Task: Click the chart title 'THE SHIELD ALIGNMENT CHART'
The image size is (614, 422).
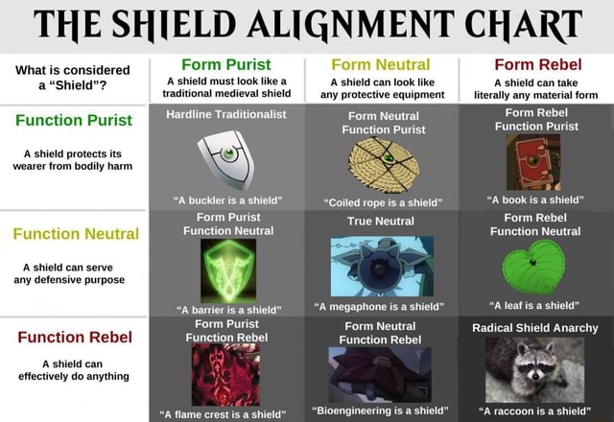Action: (307, 24)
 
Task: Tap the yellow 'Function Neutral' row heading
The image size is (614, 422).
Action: (76, 232)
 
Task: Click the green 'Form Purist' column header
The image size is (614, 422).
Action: (224, 65)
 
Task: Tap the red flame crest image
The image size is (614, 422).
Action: (226, 374)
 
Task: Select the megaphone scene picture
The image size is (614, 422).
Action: (381, 265)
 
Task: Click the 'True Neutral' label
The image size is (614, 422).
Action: (382, 221)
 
